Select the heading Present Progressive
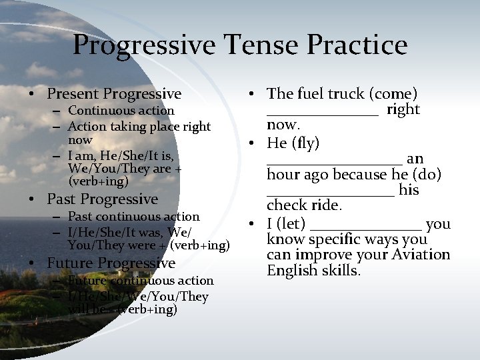pyautogui.click(x=114, y=94)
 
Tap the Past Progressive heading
pyautogui.click(x=102, y=199)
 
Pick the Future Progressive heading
pyautogui.click(x=111, y=263)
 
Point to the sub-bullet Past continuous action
pyautogui.click(x=133, y=217)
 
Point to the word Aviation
pyautogui.click(x=419, y=255)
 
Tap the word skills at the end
pyautogui.click(x=341, y=271)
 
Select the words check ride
pyautogui.click(x=304, y=205)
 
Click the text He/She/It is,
pyautogui.click(x=136, y=155)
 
